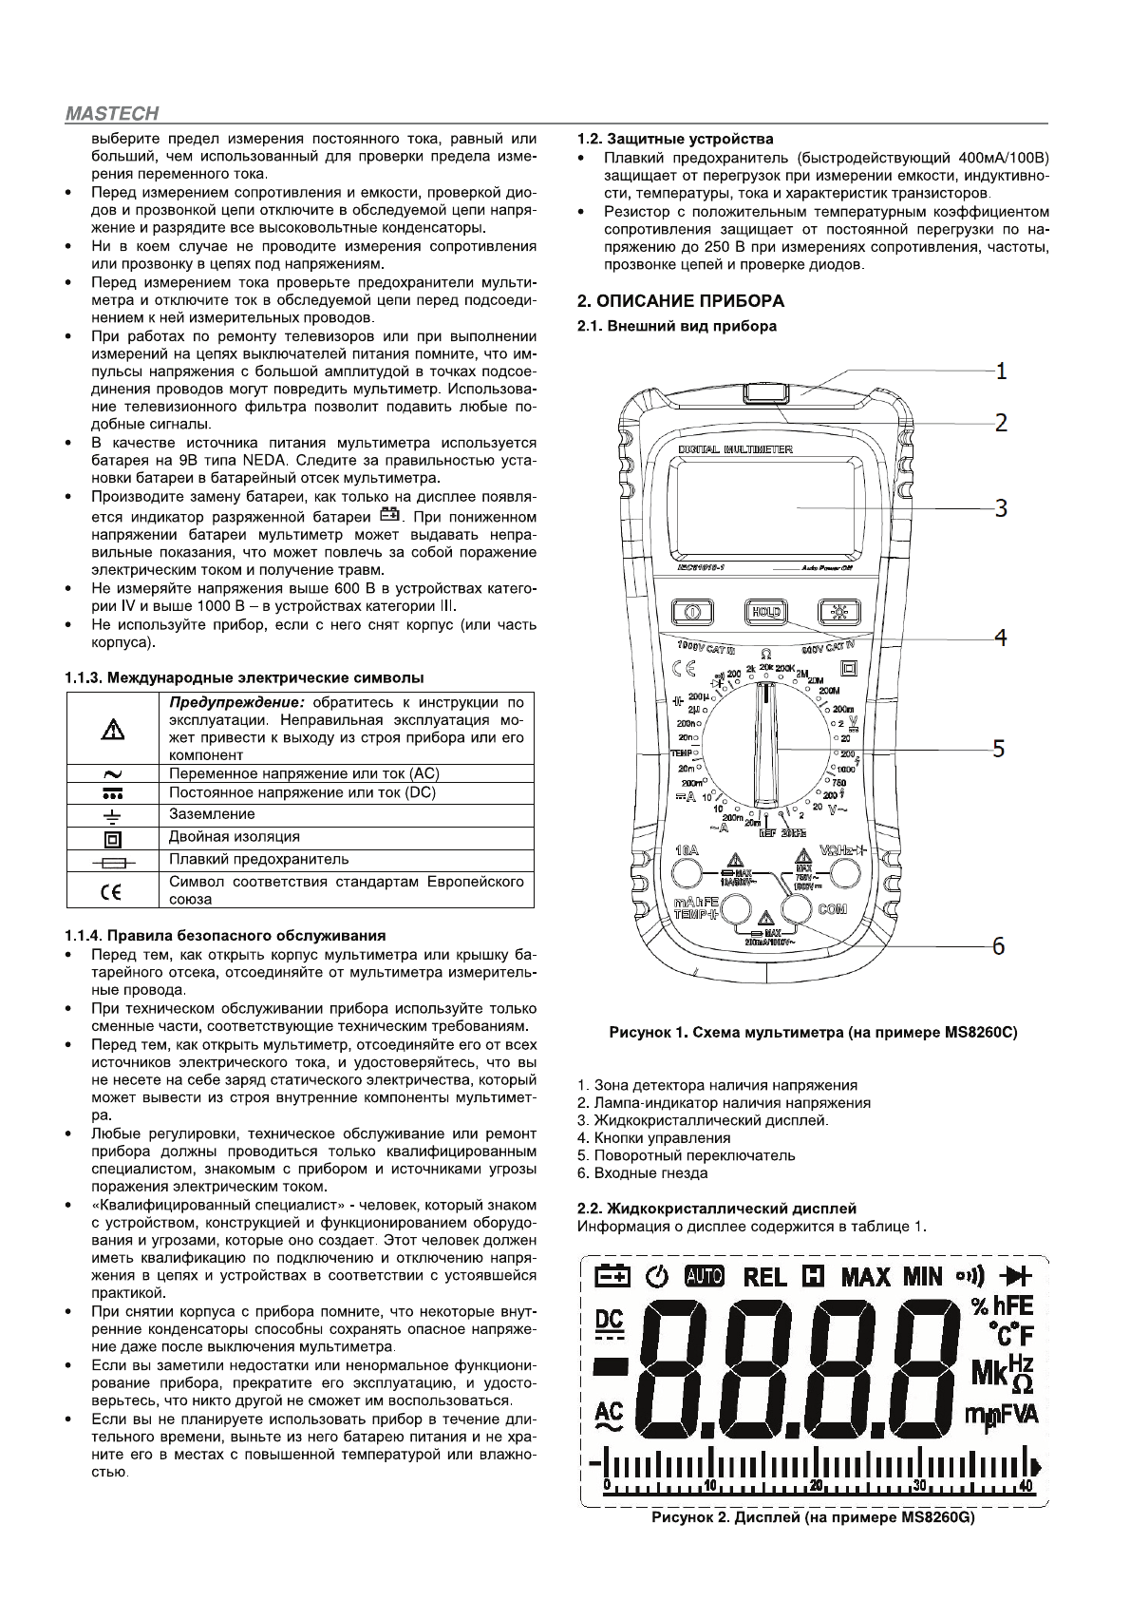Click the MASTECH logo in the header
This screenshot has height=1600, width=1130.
(112, 114)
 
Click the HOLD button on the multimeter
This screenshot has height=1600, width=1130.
(764, 612)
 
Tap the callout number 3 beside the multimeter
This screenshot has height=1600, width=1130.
(1001, 507)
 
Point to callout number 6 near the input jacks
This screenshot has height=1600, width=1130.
(998, 945)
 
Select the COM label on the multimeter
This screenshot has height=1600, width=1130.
(832, 909)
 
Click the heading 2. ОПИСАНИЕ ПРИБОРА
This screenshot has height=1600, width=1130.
(682, 301)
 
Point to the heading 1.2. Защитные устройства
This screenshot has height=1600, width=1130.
(676, 139)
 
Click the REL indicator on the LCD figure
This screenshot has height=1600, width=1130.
(764, 1276)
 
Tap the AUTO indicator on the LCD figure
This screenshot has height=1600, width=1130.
(704, 1276)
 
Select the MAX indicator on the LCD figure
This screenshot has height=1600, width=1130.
(865, 1276)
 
